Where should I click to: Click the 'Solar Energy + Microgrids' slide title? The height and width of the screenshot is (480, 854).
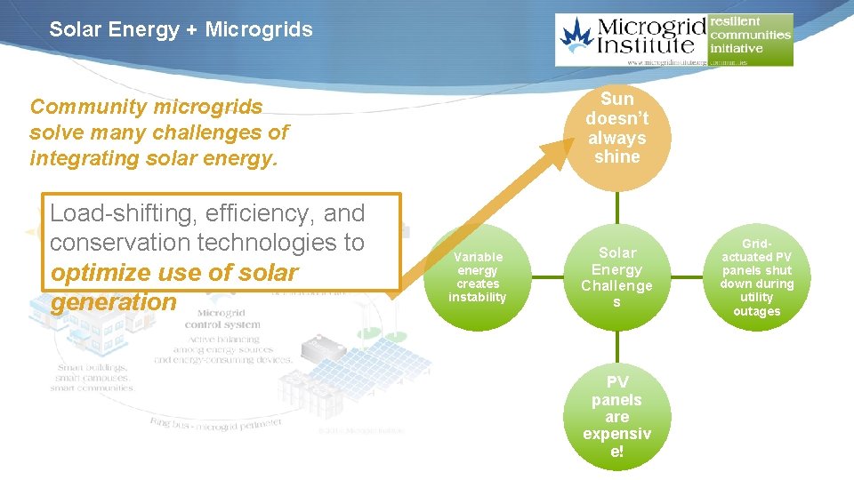(x=181, y=29)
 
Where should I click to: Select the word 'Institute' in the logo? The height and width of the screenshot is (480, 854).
(x=652, y=45)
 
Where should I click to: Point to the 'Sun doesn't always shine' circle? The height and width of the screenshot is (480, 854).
(x=616, y=128)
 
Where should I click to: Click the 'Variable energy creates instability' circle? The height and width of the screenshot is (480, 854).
(x=477, y=277)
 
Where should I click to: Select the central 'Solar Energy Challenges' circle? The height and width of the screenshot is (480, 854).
(x=616, y=277)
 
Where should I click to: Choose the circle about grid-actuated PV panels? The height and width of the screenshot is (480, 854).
(x=756, y=277)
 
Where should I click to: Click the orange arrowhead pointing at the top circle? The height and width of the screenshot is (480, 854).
(x=560, y=151)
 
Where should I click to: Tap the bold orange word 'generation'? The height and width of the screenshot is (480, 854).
(x=114, y=302)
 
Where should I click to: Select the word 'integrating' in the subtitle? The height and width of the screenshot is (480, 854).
(x=87, y=159)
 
